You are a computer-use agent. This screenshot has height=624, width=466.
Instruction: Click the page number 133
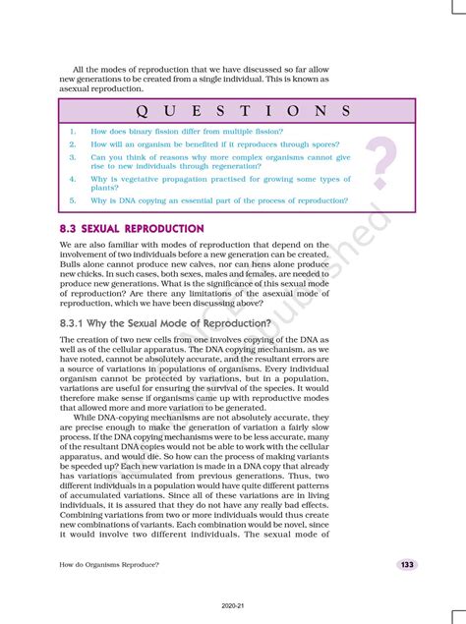click(406, 565)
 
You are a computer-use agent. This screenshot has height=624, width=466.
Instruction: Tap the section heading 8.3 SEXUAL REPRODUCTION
click(132, 228)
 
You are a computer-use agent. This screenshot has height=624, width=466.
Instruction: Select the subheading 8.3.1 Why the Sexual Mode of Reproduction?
click(165, 322)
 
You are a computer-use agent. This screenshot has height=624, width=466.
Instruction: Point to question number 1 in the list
click(73, 131)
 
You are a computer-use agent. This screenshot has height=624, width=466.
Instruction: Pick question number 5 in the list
click(73, 200)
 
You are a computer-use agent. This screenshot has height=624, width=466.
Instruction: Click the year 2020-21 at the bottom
click(233, 606)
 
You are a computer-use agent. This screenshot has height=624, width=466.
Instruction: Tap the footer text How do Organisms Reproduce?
click(109, 565)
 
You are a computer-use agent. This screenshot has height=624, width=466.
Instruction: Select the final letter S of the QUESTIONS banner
click(345, 109)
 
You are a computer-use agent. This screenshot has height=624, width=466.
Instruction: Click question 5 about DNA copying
click(218, 200)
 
